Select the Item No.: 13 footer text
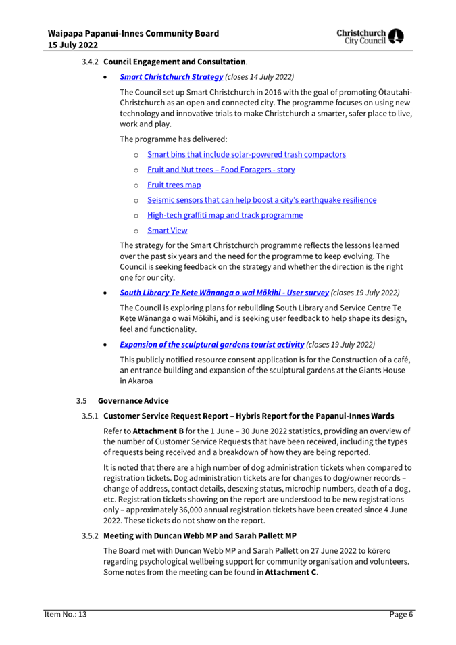(61, 614)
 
